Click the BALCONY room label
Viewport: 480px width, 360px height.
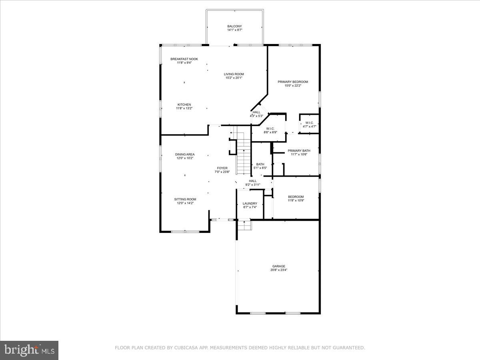tap(234, 26)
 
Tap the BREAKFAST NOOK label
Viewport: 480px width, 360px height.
tap(184, 59)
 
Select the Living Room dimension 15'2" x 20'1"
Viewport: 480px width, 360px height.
tap(234, 78)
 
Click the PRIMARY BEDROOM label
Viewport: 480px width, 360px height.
tap(293, 82)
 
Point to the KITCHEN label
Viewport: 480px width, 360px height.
tap(184, 105)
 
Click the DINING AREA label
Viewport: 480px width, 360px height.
tap(185, 154)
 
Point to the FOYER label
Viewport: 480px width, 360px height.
tap(222, 168)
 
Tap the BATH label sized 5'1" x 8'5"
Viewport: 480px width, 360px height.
tap(260, 164)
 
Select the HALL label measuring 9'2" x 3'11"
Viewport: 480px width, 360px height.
tap(252, 181)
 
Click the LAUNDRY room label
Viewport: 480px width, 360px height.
tap(250, 204)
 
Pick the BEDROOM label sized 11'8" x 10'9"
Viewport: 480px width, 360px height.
tap(296, 197)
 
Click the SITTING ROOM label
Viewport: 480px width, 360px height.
tap(185, 199)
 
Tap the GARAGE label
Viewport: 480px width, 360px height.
tap(279, 266)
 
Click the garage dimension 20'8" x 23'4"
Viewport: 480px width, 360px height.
tap(279, 270)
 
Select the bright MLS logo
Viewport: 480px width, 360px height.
tap(29, 350)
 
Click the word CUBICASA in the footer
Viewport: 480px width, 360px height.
tap(186, 348)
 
